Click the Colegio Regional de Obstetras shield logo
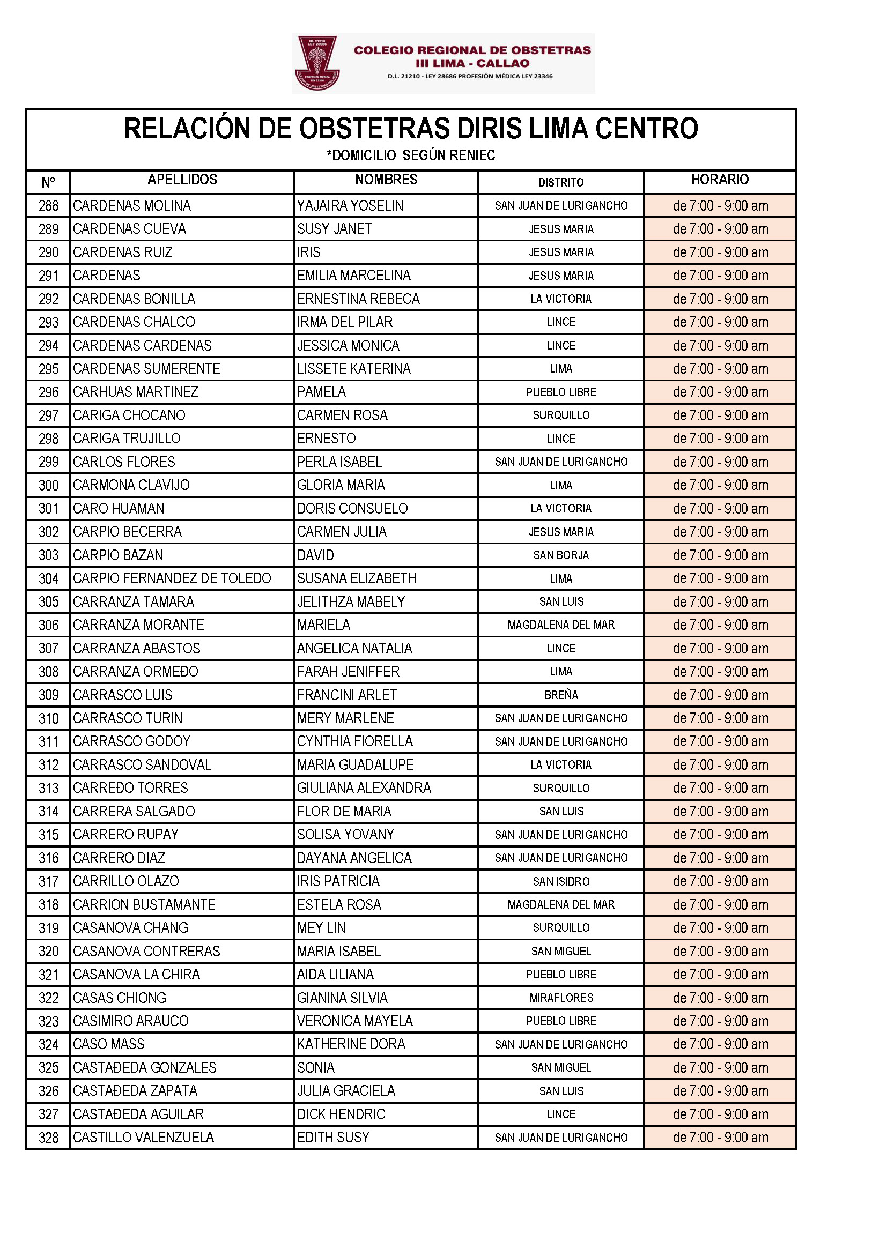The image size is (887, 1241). (317, 63)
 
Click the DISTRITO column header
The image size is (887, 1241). (560, 182)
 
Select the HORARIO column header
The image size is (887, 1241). (719, 180)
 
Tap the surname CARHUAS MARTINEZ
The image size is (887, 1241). (136, 392)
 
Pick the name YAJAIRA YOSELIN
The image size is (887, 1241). (350, 206)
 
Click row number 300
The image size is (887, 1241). (49, 485)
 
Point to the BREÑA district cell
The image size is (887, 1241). (561, 695)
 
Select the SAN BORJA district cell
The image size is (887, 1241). (561, 555)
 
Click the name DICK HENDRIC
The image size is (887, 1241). (341, 1114)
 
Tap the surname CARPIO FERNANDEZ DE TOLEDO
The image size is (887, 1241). (172, 578)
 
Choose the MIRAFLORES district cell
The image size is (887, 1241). (561, 998)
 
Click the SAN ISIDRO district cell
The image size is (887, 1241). (561, 881)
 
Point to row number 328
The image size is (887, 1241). (49, 1138)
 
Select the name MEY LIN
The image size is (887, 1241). (321, 927)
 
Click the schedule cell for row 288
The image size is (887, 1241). (720, 206)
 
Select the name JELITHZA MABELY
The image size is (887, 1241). (351, 601)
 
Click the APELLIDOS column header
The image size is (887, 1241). (182, 180)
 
